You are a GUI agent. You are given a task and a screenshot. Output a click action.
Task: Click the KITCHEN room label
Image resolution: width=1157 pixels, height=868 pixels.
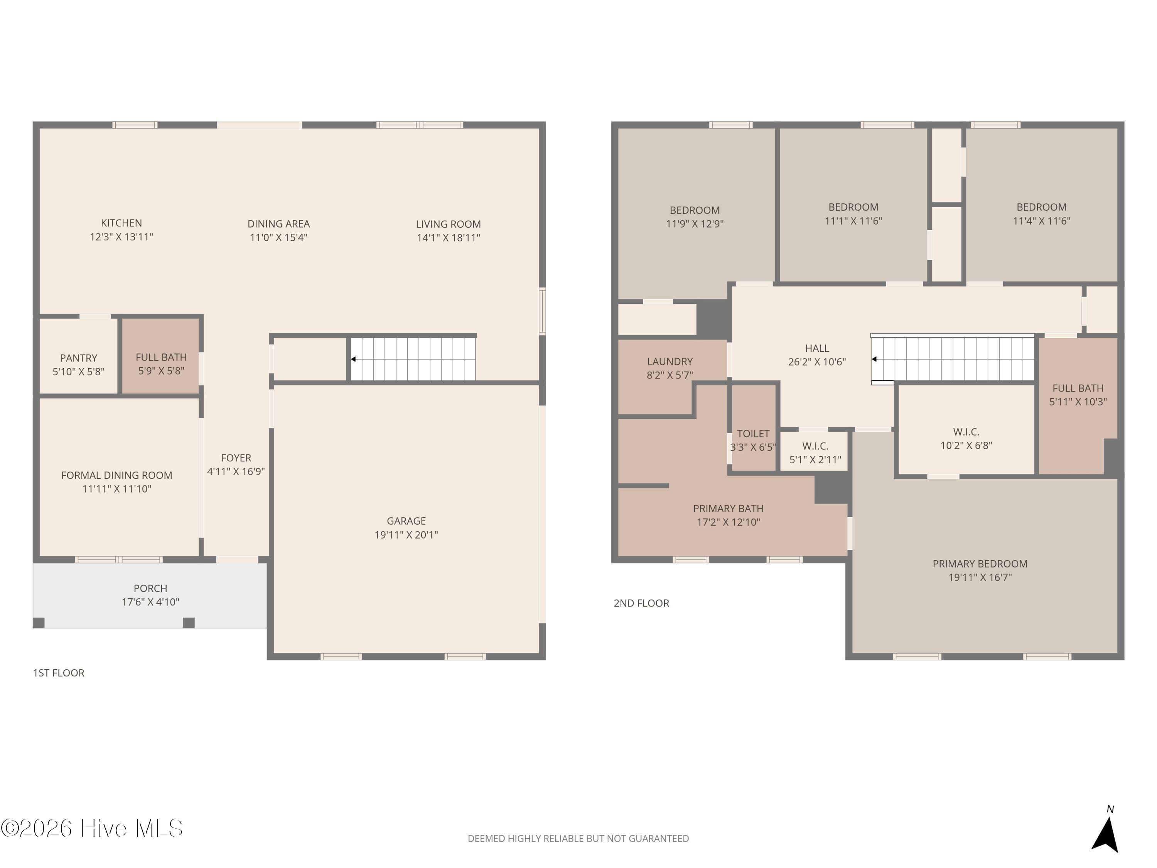(x=121, y=223)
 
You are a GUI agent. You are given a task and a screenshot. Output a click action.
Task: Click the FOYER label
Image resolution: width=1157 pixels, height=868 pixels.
(x=236, y=458)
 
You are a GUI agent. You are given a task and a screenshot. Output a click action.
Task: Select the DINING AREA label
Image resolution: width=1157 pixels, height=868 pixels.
(x=278, y=224)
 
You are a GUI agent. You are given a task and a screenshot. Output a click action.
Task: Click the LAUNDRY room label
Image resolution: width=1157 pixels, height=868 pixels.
(x=670, y=361)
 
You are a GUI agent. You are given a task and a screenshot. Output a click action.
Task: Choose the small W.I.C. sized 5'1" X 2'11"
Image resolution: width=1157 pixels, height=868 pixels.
(x=815, y=453)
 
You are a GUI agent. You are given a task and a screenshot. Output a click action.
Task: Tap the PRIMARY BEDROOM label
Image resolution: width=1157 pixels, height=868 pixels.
(x=980, y=564)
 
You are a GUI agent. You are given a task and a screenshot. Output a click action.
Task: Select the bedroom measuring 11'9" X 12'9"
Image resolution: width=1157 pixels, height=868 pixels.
(x=695, y=216)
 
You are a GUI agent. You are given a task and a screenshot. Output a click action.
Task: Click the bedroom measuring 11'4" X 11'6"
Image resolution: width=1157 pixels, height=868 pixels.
(x=1041, y=213)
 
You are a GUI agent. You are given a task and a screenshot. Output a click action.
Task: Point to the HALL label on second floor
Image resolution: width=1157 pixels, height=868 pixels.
(x=816, y=348)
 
